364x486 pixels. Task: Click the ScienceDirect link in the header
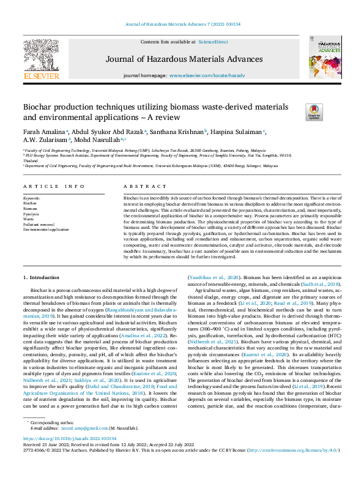[x=212, y=42]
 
